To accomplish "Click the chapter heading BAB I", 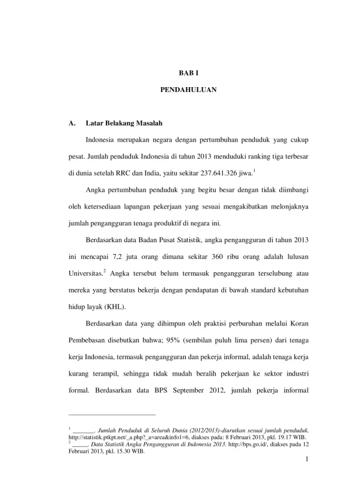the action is point(189,72).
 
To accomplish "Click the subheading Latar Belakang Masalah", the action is point(124,124).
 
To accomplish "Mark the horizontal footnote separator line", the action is point(112,415).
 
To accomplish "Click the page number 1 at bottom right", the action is point(307,461).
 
